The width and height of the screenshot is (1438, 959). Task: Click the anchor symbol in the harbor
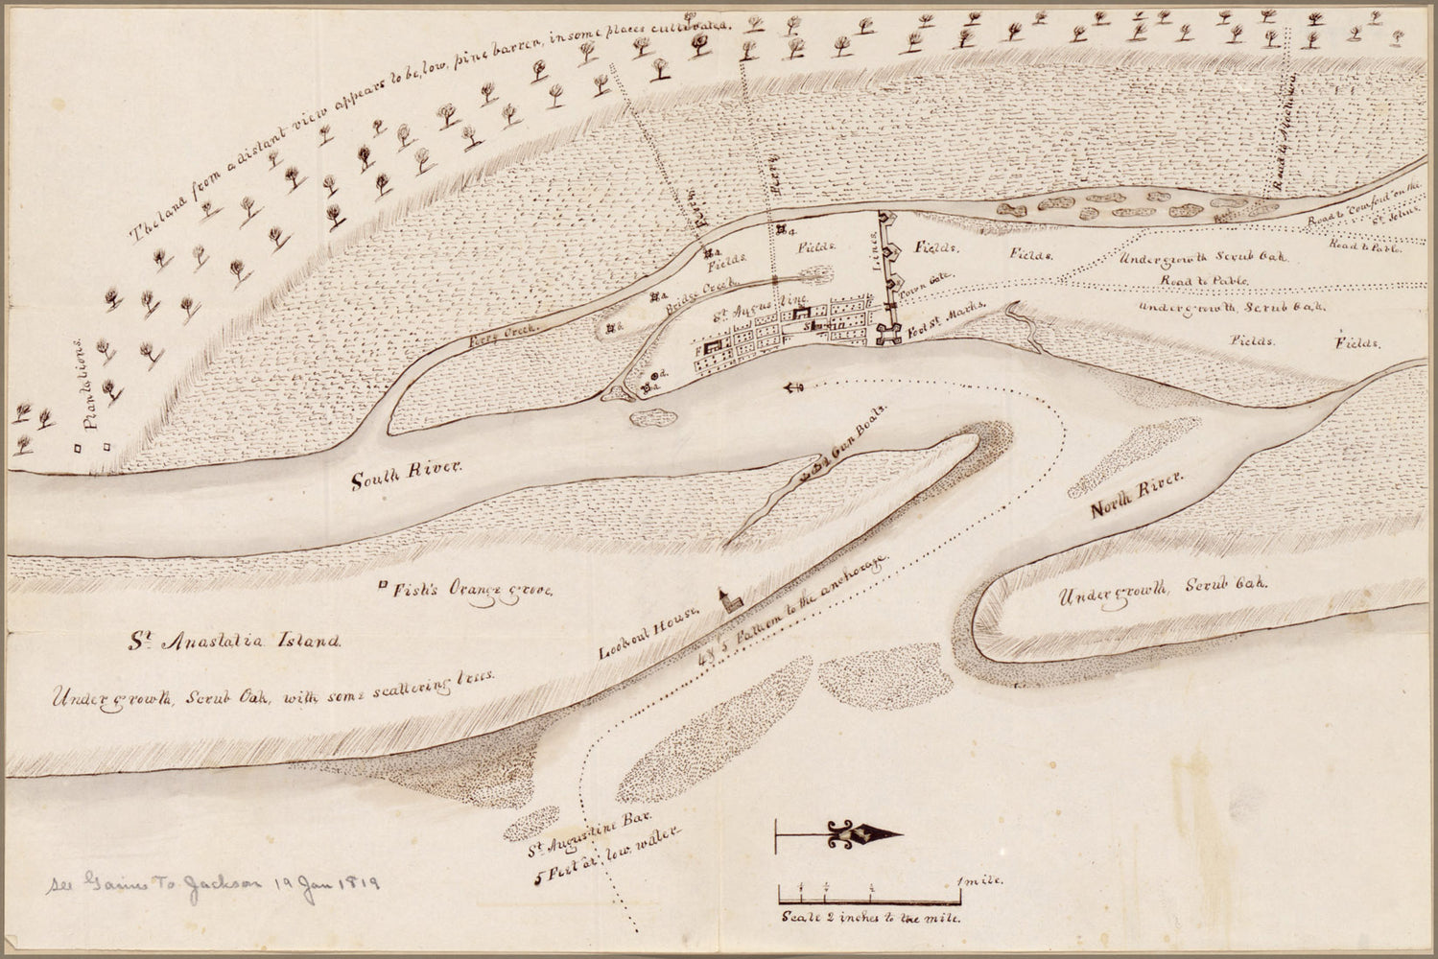(x=792, y=386)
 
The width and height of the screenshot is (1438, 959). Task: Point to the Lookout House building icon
(x=730, y=601)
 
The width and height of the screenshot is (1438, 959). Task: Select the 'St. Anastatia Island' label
(x=236, y=641)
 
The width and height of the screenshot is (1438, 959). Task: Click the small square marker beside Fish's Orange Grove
(x=383, y=584)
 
